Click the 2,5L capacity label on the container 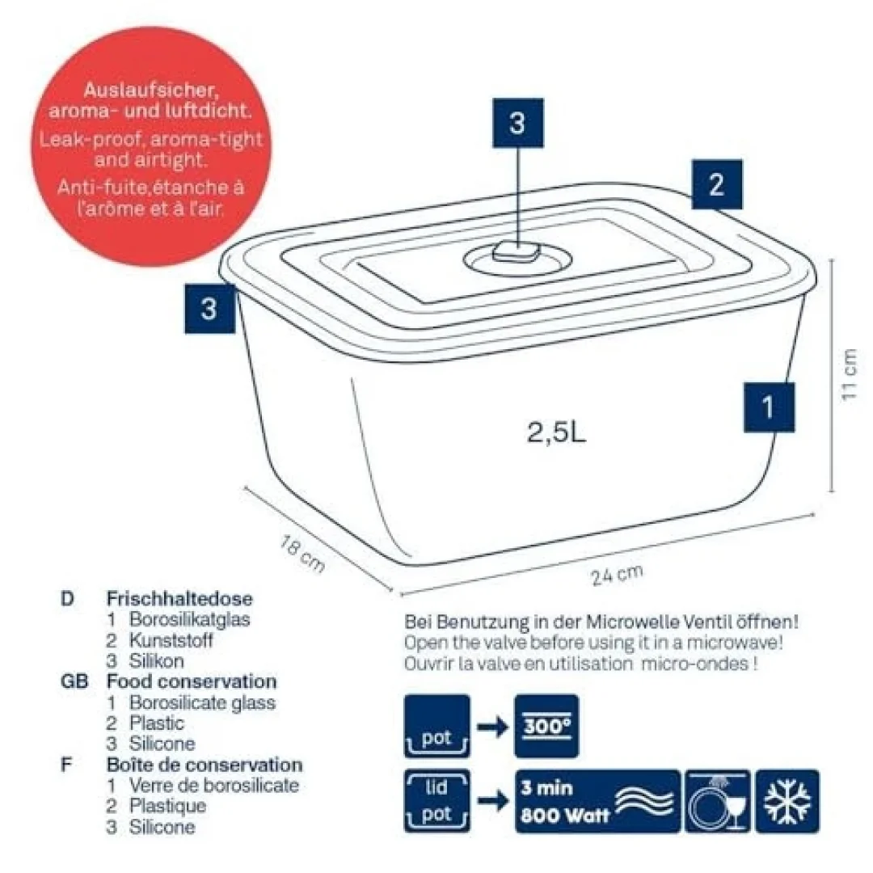coord(556,432)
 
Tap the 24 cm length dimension coord(617,576)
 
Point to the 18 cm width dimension coord(302,554)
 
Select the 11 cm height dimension coord(849,374)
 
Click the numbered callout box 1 coord(769,407)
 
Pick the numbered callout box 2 coord(716,184)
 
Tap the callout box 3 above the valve coord(517,123)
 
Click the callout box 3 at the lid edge coord(209,309)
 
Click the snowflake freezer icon coord(787,801)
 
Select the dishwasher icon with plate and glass coord(718,801)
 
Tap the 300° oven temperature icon coord(546,726)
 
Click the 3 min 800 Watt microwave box coord(597,801)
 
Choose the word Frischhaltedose coord(179,598)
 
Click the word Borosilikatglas coord(189,619)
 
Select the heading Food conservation coord(192,681)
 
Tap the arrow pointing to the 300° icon coord(492,727)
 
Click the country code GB coord(74,681)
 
